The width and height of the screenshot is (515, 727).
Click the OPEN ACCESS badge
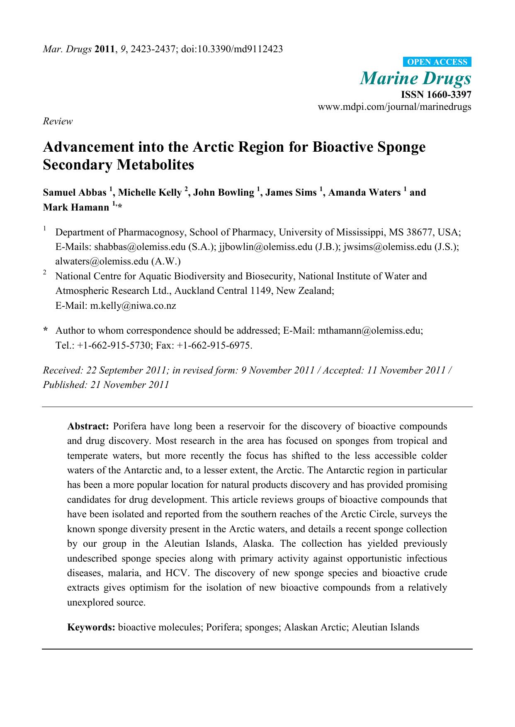click(x=437, y=62)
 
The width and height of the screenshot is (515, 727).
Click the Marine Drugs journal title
click(x=415, y=78)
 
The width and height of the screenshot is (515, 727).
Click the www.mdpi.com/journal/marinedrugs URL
click(x=394, y=107)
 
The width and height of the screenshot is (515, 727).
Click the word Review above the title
click(x=58, y=121)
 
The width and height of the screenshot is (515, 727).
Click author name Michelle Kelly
click(x=150, y=192)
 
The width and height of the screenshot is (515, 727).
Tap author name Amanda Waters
click(x=364, y=192)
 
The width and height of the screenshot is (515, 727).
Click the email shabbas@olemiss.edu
click(x=140, y=247)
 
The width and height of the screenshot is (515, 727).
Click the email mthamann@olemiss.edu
click(x=370, y=331)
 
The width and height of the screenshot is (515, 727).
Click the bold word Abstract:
click(x=88, y=426)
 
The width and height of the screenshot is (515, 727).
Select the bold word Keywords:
click(x=91, y=627)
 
